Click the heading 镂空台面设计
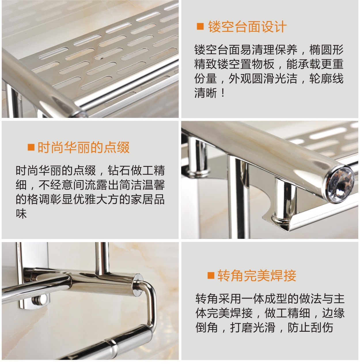click(247, 27)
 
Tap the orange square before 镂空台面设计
click(200, 27)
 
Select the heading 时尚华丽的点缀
click(84, 147)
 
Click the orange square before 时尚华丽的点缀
click(31, 147)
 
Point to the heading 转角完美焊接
click(257, 276)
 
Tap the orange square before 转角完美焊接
click(211, 276)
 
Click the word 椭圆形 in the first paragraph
click(326, 50)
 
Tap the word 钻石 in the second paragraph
click(119, 171)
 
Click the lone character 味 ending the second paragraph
click(21, 214)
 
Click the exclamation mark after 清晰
click(222, 93)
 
